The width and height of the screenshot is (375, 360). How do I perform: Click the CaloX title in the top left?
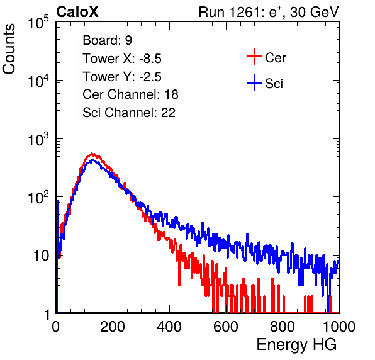[x=77, y=12]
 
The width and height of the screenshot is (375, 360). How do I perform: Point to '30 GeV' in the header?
[x=314, y=12]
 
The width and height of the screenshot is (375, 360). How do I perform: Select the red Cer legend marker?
[x=254, y=57]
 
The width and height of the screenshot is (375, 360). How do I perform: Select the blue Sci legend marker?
[x=254, y=83]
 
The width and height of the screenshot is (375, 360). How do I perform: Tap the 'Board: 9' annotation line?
[x=108, y=40]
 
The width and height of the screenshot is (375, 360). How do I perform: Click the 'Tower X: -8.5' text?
[x=122, y=59]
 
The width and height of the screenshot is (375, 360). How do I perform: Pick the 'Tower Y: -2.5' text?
[x=122, y=77]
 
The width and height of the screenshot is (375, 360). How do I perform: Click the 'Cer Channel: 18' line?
[x=130, y=94]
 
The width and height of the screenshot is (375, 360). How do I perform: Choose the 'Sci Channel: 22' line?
[x=129, y=113]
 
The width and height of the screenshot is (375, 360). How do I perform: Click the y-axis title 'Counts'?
[x=9, y=49]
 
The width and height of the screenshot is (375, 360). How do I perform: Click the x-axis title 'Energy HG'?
[x=296, y=345]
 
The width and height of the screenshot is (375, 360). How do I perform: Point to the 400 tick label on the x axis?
[x=169, y=327]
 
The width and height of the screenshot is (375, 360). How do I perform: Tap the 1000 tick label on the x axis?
[x=339, y=327]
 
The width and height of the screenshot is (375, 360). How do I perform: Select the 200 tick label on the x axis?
[x=113, y=327]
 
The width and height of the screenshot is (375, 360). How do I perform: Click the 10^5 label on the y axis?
[x=38, y=22]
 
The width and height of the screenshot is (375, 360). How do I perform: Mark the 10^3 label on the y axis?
[x=38, y=138]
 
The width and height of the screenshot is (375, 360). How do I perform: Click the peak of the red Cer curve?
[x=92, y=154]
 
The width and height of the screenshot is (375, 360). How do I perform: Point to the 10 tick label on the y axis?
[x=42, y=256]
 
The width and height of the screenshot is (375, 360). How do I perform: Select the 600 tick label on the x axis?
[x=226, y=327]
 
